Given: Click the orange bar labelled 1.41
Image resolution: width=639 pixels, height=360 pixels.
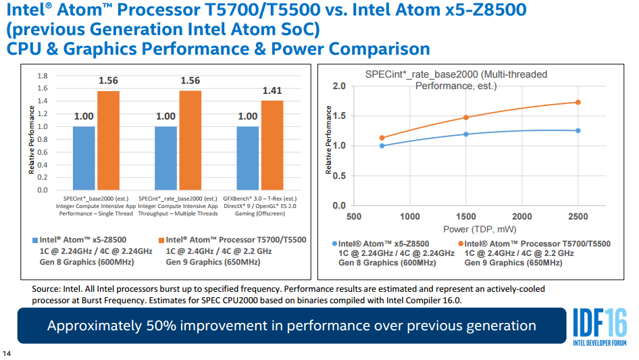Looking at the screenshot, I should point(272,145).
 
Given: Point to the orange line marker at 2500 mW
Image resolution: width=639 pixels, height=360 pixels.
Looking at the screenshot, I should point(578,102).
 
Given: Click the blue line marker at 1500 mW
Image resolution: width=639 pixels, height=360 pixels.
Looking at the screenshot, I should point(465,134).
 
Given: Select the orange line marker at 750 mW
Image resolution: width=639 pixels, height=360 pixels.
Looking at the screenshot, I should point(382,138).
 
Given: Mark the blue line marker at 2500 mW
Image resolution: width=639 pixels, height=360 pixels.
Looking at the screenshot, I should point(578,130).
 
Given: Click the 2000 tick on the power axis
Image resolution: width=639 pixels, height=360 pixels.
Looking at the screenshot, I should point(521,217).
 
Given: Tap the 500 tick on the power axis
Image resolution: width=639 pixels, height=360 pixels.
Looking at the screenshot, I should point(353,217).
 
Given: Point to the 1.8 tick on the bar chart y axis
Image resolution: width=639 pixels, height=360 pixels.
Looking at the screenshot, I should point(43,75).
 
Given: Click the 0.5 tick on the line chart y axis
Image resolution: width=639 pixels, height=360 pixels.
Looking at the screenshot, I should point(340,176).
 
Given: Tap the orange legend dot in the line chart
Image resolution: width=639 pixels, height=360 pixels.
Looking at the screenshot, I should point(460,244).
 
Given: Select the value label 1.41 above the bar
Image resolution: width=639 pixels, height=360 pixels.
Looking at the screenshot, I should point(272,91).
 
